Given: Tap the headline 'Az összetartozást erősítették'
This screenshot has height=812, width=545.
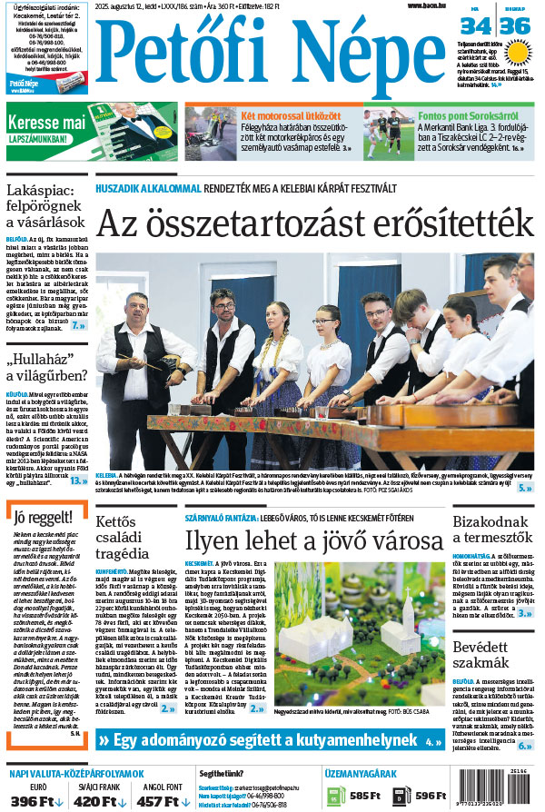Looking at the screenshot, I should click(x=314, y=223).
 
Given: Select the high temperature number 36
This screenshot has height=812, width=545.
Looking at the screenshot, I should click(x=515, y=26).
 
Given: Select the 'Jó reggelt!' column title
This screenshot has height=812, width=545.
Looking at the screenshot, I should click(x=37, y=519).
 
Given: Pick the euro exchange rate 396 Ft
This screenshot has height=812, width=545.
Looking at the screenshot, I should click(x=37, y=801).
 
